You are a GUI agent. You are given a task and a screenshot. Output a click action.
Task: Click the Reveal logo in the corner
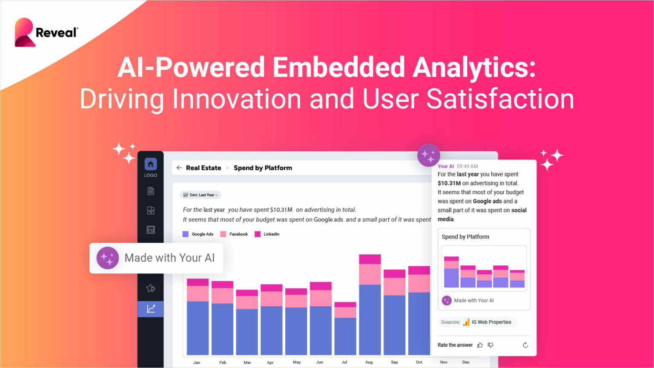point(46,32)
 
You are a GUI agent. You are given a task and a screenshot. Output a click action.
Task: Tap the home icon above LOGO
point(151,164)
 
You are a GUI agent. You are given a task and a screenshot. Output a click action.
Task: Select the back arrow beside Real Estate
point(179,168)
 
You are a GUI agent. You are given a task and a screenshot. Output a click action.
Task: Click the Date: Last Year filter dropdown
point(201,195)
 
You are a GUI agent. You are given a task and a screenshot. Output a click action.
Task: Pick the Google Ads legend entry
point(198,234)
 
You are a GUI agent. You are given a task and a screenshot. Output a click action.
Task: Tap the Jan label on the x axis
point(197,362)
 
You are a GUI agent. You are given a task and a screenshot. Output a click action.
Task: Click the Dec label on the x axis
point(466,362)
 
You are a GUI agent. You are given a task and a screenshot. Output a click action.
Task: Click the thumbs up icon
point(480,345)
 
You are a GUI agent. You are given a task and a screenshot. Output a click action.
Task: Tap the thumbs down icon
point(490,345)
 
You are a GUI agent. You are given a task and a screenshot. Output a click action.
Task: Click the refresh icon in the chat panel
point(525,345)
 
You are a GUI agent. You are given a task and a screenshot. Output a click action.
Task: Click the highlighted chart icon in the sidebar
point(151,309)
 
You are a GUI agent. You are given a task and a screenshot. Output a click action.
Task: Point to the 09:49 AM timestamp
point(467,167)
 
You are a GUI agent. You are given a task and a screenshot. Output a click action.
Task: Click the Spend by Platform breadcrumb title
point(263,168)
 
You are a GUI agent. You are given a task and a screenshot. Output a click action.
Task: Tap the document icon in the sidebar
point(151,191)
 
